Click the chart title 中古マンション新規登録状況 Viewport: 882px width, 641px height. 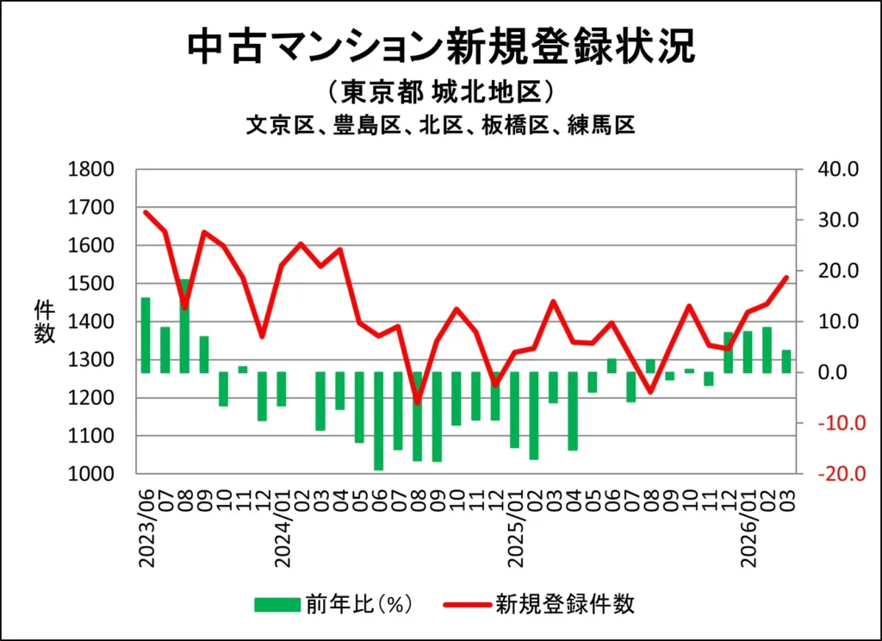(440, 47)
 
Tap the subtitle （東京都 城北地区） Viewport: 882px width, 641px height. (440, 92)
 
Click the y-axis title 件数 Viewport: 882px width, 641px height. (45, 322)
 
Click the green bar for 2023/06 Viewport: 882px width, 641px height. (146, 335)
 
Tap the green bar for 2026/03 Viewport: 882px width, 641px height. (786, 361)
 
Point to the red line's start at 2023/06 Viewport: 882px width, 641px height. (146, 212)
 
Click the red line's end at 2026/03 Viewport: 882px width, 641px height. (786, 277)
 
